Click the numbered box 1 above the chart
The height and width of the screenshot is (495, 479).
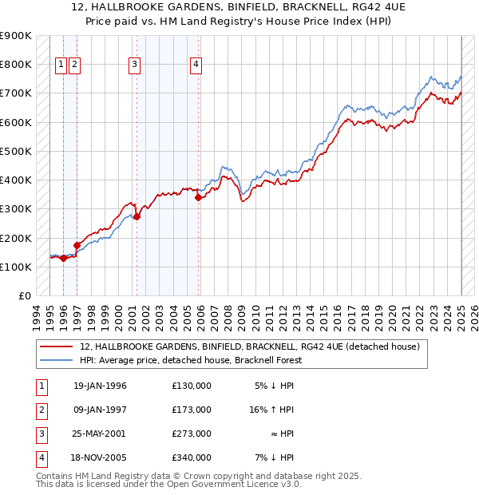click(61, 65)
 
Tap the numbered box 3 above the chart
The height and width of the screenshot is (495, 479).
click(134, 65)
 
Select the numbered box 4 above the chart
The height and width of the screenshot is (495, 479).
click(196, 65)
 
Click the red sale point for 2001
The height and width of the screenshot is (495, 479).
click(137, 216)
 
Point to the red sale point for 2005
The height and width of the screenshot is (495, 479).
click(199, 197)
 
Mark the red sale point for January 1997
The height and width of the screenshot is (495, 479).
click(77, 246)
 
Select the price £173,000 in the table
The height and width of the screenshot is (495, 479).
click(192, 410)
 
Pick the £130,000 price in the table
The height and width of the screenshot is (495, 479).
click(192, 386)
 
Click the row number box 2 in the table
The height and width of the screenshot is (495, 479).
click(40, 410)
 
